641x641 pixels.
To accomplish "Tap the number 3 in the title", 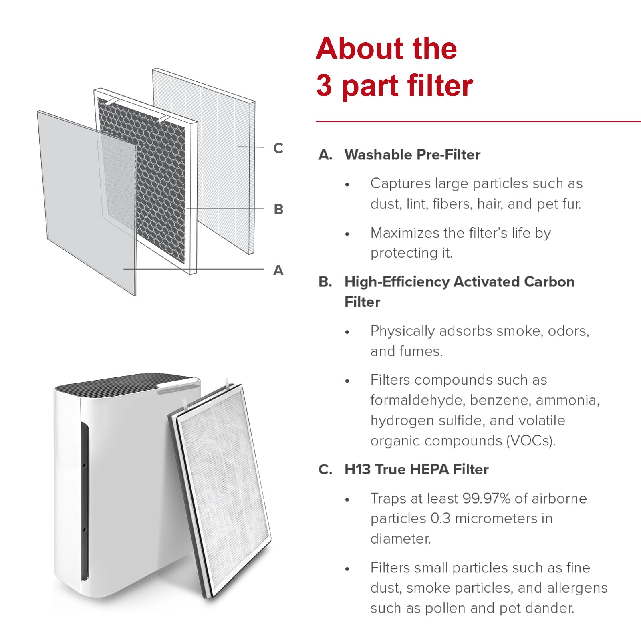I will (x=324, y=86).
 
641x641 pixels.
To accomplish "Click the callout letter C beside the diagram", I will (x=278, y=148).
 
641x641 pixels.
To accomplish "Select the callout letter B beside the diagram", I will (x=278, y=209).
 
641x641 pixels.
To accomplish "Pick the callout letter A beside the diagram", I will (x=278, y=270).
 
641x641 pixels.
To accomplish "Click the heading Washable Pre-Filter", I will (x=412, y=155).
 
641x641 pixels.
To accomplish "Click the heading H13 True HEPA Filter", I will (x=416, y=469).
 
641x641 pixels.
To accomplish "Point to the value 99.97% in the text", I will (x=486, y=498).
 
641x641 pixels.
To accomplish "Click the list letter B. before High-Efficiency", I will (x=325, y=282).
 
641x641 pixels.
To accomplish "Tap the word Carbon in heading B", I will (x=549, y=282).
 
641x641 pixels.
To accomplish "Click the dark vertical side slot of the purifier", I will (x=85, y=501).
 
